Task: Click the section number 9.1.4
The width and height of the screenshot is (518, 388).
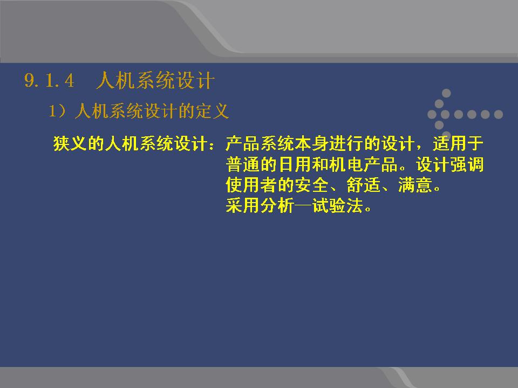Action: [49, 80]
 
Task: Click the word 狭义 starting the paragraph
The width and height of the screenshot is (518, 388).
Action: [70, 144]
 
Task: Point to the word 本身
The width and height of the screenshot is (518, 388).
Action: [311, 144]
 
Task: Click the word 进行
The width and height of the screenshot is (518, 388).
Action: [346, 144]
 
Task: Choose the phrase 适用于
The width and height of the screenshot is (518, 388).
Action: [458, 144]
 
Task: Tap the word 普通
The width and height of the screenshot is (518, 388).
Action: [243, 164]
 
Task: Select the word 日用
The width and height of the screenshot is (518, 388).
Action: [295, 164]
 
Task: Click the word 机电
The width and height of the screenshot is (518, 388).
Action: [346, 164]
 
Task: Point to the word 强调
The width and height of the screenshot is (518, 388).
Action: [466, 164]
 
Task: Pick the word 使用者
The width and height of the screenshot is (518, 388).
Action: [251, 185]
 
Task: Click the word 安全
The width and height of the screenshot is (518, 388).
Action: [311, 185]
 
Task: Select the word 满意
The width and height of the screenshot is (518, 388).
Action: [414, 185]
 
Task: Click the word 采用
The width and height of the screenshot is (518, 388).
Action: [243, 205]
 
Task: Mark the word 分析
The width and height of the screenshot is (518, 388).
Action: [277, 205]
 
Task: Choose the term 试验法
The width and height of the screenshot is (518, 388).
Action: [337, 205]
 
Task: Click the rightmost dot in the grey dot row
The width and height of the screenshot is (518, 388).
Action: [498, 114]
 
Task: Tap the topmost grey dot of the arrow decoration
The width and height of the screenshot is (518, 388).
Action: [446, 93]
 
